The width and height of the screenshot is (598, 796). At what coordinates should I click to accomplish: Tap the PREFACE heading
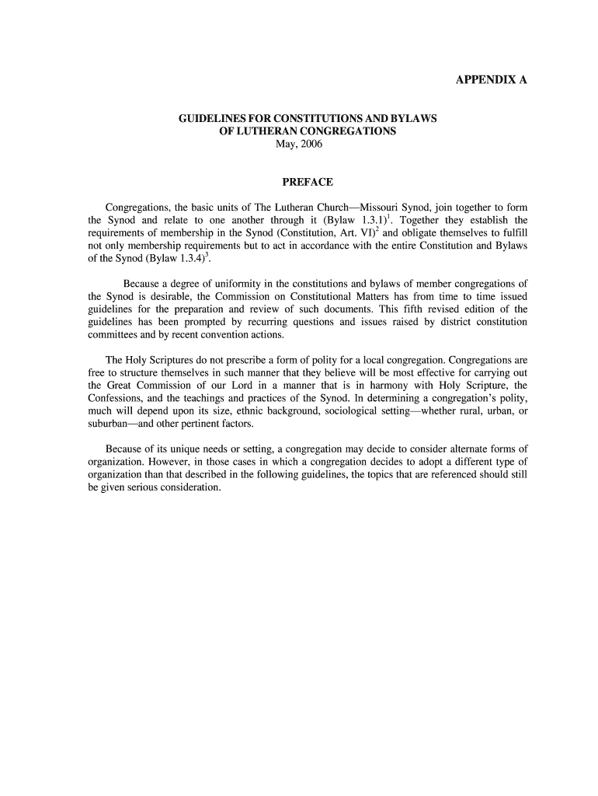[308, 182]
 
